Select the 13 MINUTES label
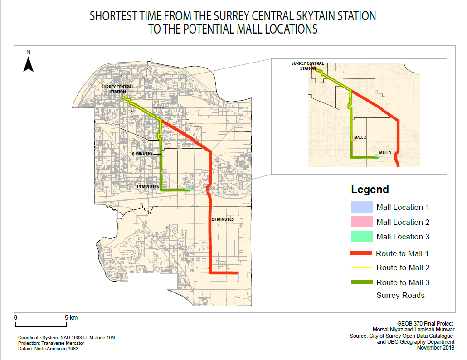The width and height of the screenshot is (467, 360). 148,186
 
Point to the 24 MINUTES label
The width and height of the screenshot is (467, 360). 223,219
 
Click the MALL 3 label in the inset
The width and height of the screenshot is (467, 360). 385,153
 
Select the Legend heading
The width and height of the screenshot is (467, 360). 370,190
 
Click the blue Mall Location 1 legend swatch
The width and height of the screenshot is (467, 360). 361,207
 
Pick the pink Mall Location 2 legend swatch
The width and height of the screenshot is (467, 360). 361,222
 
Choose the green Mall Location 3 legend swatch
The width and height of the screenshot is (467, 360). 361,237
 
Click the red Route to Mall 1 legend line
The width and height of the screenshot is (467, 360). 361,253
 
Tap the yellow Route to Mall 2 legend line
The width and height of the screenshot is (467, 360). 361,268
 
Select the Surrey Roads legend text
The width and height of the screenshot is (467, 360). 400,296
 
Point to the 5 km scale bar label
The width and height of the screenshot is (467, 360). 70,318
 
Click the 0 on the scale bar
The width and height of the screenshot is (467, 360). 15,318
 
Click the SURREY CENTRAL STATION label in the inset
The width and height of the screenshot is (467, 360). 307,66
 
